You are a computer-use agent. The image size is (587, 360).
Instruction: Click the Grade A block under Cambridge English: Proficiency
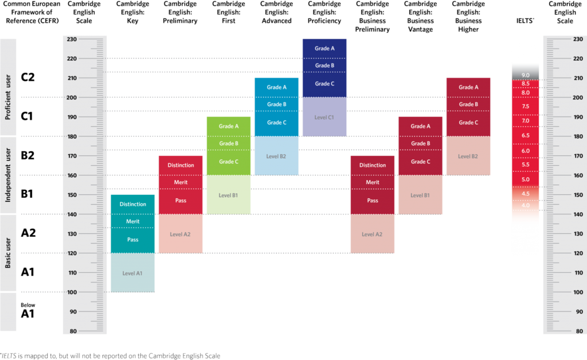click(x=324, y=49)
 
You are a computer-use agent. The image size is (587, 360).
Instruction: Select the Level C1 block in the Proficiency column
click(x=324, y=117)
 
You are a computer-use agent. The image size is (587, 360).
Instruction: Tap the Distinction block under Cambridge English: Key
click(x=133, y=204)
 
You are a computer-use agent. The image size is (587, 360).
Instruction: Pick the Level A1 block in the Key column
click(x=133, y=273)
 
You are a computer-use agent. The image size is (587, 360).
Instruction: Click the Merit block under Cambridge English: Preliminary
click(x=181, y=182)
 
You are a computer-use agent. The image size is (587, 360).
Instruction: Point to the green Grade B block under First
click(x=229, y=143)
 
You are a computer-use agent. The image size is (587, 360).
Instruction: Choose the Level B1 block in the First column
click(x=229, y=195)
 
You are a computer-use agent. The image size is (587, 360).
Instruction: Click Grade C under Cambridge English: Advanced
click(x=277, y=123)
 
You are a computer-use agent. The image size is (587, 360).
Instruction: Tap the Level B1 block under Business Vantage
click(x=420, y=195)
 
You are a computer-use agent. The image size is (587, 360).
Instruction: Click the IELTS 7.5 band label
click(x=526, y=106)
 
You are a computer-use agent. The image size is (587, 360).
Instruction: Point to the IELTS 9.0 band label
click(x=526, y=75)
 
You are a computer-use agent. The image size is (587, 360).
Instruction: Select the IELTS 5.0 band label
click(x=526, y=179)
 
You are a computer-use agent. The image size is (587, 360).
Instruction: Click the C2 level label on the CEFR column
click(x=28, y=77)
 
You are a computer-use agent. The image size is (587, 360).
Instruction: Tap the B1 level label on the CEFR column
click(x=27, y=194)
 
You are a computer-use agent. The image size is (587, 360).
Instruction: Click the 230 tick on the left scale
click(x=72, y=40)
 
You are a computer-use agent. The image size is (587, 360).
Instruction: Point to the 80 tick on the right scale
click(x=579, y=331)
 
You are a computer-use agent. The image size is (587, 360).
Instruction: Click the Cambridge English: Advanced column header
click(x=277, y=13)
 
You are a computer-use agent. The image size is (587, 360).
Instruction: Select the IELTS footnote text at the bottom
click(x=110, y=356)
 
